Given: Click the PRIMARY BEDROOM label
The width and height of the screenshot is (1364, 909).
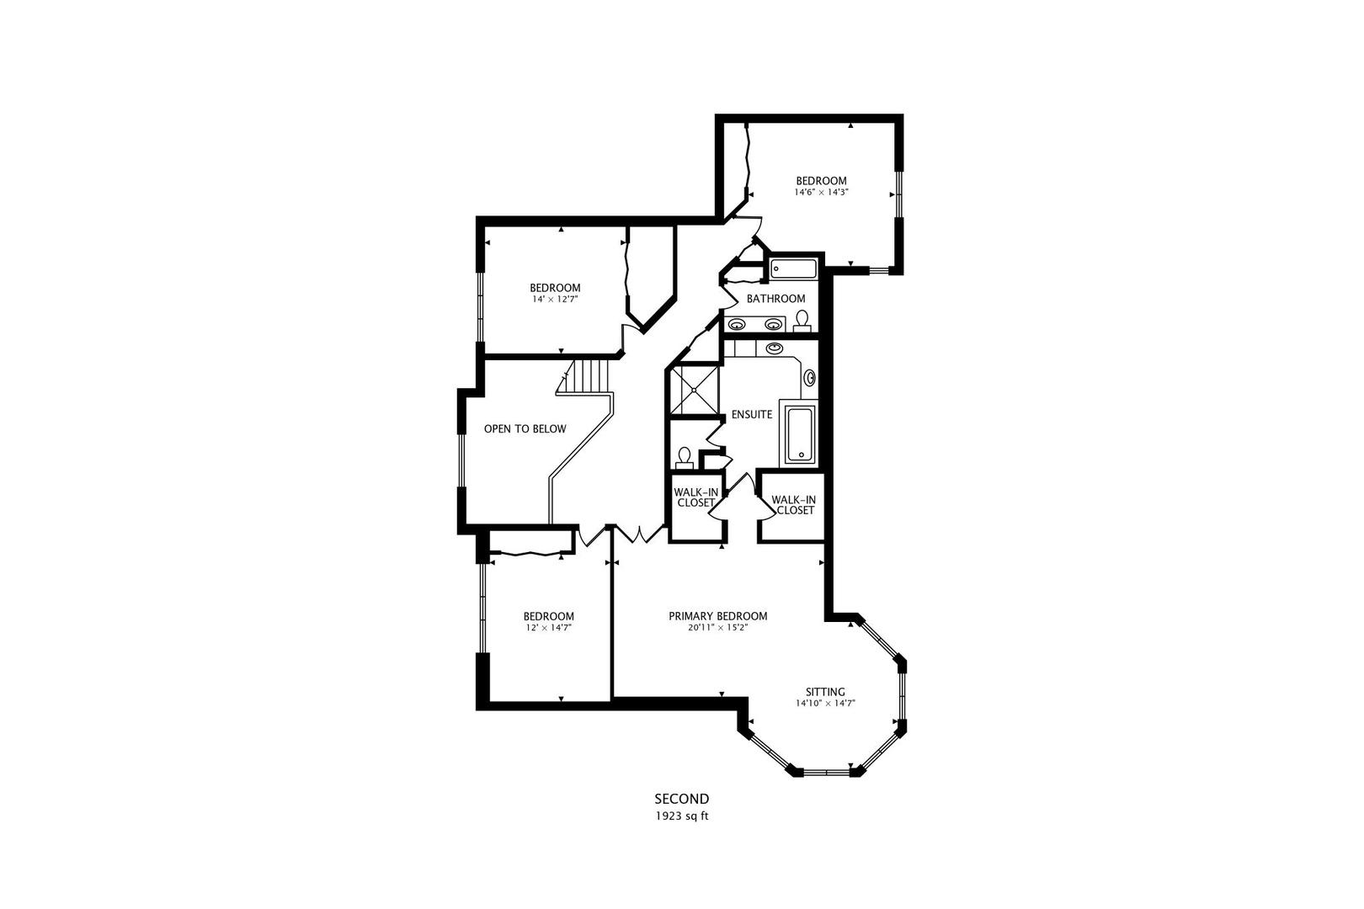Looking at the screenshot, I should (x=717, y=615).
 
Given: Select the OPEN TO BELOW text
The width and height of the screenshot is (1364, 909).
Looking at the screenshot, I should (x=525, y=429).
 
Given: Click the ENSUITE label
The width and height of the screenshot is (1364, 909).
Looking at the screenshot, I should (x=752, y=414).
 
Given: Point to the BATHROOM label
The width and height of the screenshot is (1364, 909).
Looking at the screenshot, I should (x=775, y=299).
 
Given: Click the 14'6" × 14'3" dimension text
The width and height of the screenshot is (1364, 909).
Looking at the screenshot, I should (x=821, y=192).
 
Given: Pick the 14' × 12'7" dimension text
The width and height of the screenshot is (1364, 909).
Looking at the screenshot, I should (x=555, y=299).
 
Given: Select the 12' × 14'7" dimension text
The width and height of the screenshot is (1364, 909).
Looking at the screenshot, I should (x=548, y=627).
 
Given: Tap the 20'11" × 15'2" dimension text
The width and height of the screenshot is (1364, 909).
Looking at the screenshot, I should (x=717, y=627).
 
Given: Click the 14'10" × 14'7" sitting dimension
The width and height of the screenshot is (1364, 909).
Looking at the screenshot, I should (x=825, y=703).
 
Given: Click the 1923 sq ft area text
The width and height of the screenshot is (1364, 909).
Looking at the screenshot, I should (x=681, y=816).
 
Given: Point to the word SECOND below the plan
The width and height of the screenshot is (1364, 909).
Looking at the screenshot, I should (x=681, y=799).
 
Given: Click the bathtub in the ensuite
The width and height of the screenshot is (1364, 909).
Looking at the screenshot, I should (x=800, y=434).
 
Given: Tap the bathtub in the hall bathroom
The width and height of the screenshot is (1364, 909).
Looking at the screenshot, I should (x=794, y=269).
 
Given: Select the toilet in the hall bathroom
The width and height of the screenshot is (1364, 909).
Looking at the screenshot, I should (x=802, y=320).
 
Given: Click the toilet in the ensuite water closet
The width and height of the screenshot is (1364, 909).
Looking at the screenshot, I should (x=685, y=458).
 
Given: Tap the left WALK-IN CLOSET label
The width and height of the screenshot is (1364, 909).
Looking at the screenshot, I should (x=695, y=497).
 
